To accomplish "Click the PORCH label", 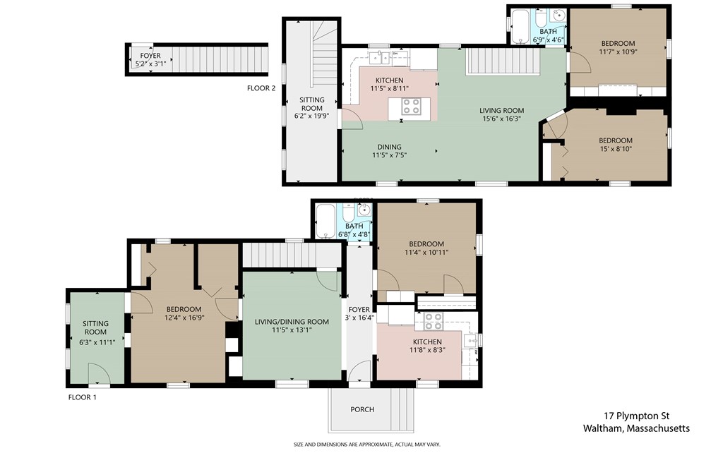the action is pyautogui.click(x=362, y=409).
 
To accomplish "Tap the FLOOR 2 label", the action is pyautogui.click(x=261, y=88).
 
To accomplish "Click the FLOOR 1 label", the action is pyautogui.click(x=82, y=397).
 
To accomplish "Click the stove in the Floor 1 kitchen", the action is pyautogui.click(x=434, y=321).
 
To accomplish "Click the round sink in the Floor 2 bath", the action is pyautogui.click(x=559, y=16).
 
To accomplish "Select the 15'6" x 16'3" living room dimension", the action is pyautogui.click(x=502, y=119).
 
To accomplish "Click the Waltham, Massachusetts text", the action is pyautogui.click(x=636, y=428).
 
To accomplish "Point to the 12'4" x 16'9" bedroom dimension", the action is pyautogui.click(x=184, y=318).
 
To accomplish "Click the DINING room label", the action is pyautogui.click(x=389, y=147).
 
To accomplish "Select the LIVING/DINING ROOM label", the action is pyautogui.click(x=292, y=322).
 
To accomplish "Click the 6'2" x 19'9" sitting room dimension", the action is pyautogui.click(x=311, y=116).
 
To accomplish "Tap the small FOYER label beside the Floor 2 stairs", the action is pyautogui.click(x=150, y=56).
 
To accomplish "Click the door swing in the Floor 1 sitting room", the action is pyautogui.click(x=99, y=373).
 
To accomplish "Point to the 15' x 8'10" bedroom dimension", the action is pyautogui.click(x=616, y=149).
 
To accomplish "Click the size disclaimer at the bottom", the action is pyautogui.click(x=367, y=445).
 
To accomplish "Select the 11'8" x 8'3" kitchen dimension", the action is pyautogui.click(x=427, y=350).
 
